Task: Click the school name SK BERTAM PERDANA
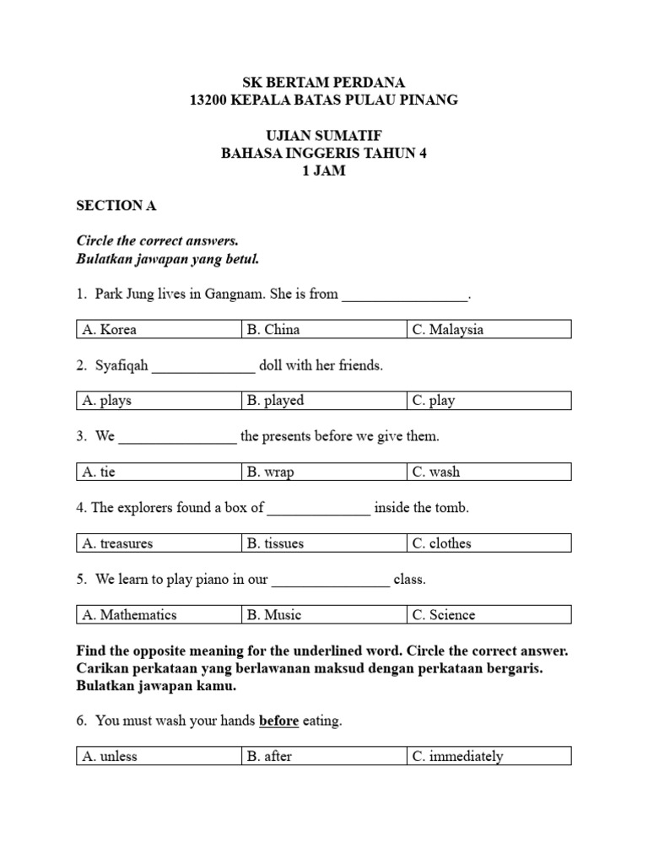click(324, 82)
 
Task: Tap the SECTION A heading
click(116, 205)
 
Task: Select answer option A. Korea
click(110, 329)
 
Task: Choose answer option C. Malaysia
click(448, 329)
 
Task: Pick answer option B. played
click(275, 401)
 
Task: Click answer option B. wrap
click(270, 472)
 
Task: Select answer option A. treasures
click(117, 543)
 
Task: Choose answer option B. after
click(269, 756)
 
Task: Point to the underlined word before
click(279, 721)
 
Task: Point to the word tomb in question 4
click(451, 508)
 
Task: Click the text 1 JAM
click(324, 170)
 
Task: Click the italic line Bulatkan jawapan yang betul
click(167, 258)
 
